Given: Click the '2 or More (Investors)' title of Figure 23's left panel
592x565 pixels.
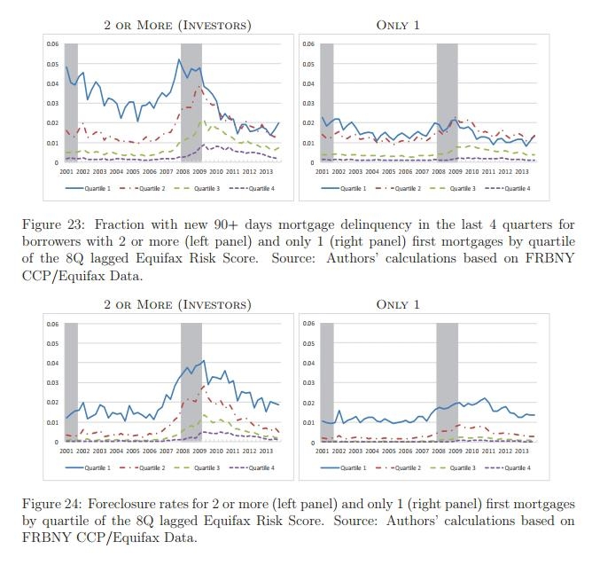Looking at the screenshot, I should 177,25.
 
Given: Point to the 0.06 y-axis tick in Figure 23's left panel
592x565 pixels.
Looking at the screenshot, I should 52,44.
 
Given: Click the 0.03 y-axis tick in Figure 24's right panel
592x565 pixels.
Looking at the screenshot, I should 308,383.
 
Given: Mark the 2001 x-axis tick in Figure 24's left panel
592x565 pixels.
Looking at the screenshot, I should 66,451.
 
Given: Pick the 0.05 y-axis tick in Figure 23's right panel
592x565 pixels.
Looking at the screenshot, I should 308,64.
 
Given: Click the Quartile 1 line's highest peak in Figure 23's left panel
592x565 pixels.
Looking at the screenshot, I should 179,59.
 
